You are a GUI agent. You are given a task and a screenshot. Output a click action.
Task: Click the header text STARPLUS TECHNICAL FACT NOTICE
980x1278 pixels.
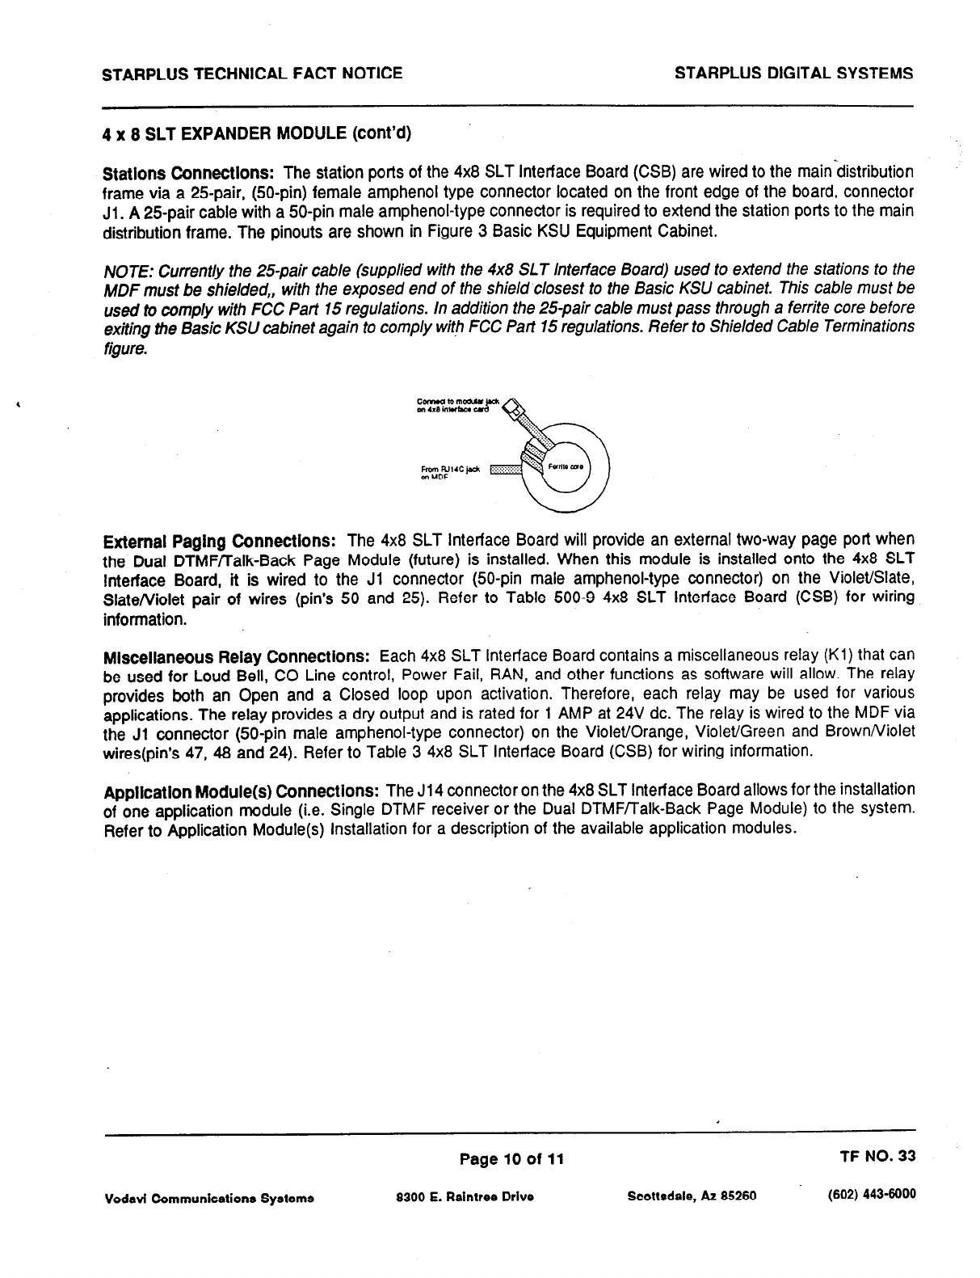click(x=252, y=74)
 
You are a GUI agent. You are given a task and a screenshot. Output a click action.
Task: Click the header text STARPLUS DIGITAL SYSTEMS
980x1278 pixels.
click(x=793, y=74)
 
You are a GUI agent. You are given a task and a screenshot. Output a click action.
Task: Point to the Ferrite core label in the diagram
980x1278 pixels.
click(x=566, y=467)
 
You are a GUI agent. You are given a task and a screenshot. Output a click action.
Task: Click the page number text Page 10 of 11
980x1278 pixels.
click(x=511, y=1159)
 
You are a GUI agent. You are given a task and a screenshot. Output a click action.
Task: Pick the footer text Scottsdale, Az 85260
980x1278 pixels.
click(x=691, y=1196)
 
